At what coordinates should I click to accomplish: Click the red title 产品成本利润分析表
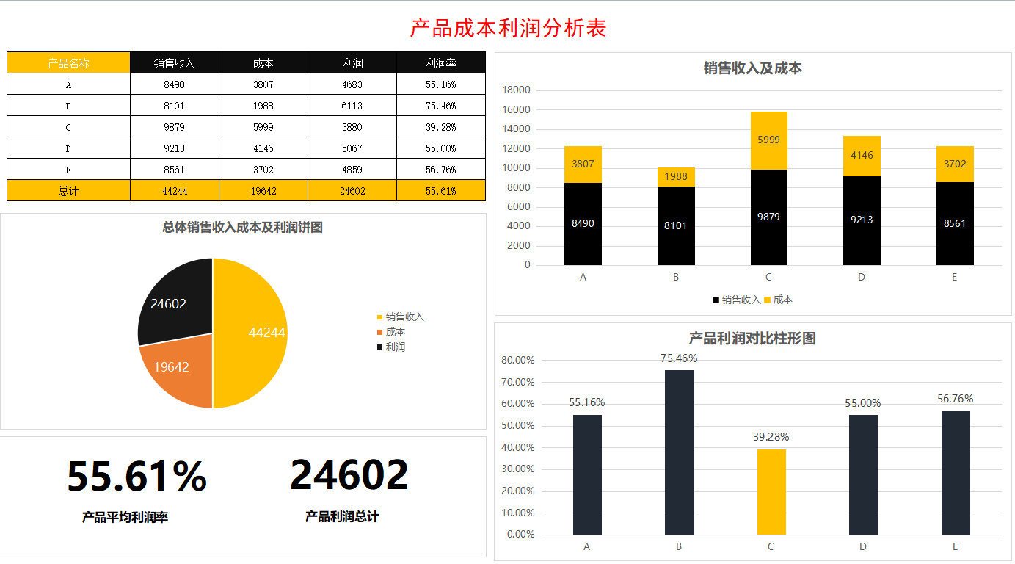[508, 29]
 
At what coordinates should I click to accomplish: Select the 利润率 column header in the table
[440, 63]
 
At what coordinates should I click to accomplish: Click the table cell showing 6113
[352, 106]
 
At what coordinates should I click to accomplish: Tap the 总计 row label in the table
[68, 191]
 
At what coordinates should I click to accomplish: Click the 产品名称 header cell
[68, 63]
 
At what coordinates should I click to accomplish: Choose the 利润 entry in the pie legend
[395, 347]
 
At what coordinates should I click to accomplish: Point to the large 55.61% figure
[137, 476]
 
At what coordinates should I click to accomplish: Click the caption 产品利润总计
[342, 517]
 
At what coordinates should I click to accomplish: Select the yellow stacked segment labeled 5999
[768, 140]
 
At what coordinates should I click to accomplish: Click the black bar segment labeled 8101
[675, 225]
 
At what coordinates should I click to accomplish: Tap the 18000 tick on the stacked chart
[515, 90]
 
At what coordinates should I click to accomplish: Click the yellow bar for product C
[771, 491]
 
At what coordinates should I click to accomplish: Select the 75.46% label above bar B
[679, 358]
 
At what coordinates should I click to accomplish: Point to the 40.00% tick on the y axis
[517, 447]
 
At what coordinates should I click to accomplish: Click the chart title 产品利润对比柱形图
[752, 339]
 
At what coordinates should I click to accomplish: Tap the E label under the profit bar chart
[955, 546]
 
